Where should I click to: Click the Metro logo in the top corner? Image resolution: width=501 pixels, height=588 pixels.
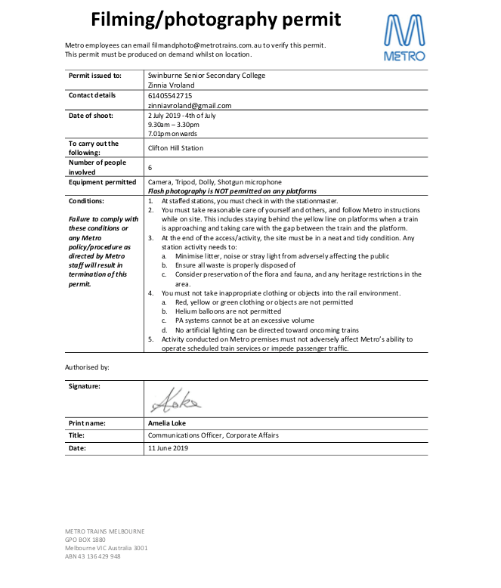404,38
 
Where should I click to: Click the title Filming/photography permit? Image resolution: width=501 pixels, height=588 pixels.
216,20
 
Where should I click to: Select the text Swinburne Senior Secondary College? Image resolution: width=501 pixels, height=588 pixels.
207,76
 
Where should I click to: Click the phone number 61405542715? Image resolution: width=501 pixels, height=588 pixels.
171,96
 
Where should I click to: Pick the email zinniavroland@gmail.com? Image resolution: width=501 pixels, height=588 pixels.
190,106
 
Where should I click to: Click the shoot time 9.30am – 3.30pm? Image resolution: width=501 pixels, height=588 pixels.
174,125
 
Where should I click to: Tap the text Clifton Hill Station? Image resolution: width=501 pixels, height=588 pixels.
176,148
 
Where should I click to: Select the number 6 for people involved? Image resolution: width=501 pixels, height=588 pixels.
150,167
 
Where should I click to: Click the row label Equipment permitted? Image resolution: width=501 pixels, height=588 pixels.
103,182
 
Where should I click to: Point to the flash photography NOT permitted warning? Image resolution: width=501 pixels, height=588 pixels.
231,192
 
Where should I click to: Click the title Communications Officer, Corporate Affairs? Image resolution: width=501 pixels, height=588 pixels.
203,435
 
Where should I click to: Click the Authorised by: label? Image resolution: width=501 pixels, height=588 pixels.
88,367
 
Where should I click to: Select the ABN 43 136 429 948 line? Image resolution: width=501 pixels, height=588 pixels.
93,556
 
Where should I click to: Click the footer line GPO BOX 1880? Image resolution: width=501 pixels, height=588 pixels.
85,540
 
